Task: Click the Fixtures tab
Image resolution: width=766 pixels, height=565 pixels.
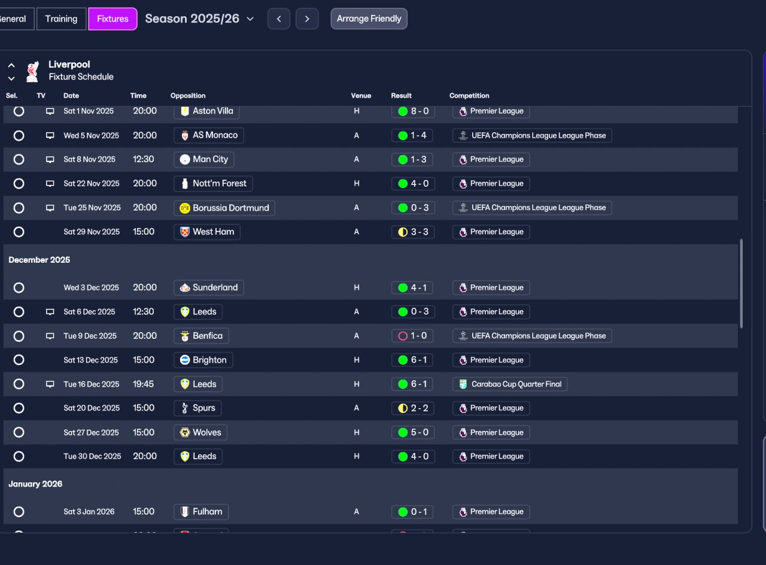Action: pos(113,19)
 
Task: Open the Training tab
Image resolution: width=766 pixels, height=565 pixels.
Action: pos(61,19)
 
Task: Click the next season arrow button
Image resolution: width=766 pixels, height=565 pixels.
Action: pos(307,19)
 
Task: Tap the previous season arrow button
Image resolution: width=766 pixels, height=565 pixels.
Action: pos(279,19)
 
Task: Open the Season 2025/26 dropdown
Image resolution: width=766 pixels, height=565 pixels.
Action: pos(199,19)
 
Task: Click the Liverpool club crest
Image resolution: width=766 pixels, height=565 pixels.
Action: pos(33,71)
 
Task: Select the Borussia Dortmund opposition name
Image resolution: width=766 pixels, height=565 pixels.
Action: pos(230,208)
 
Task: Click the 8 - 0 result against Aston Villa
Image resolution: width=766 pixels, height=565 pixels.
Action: pos(413,111)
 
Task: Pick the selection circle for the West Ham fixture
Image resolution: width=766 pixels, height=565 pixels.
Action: pos(19,232)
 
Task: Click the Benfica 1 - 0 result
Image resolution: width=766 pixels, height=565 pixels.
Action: pos(412,336)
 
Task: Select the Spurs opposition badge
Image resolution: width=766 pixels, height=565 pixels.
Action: pos(185,408)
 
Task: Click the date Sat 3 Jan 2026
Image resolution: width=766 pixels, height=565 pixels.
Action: pos(89,512)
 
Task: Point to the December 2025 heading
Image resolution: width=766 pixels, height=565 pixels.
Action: pos(39,260)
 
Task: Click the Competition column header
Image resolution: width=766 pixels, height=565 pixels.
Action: pos(469,96)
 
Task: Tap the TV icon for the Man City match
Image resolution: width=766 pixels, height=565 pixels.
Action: pos(50,159)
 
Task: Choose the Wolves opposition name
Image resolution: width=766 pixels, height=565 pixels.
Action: pos(207,432)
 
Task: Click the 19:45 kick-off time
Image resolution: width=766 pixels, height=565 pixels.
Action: pos(143,384)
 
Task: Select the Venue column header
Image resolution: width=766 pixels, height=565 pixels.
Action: pos(361,96)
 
